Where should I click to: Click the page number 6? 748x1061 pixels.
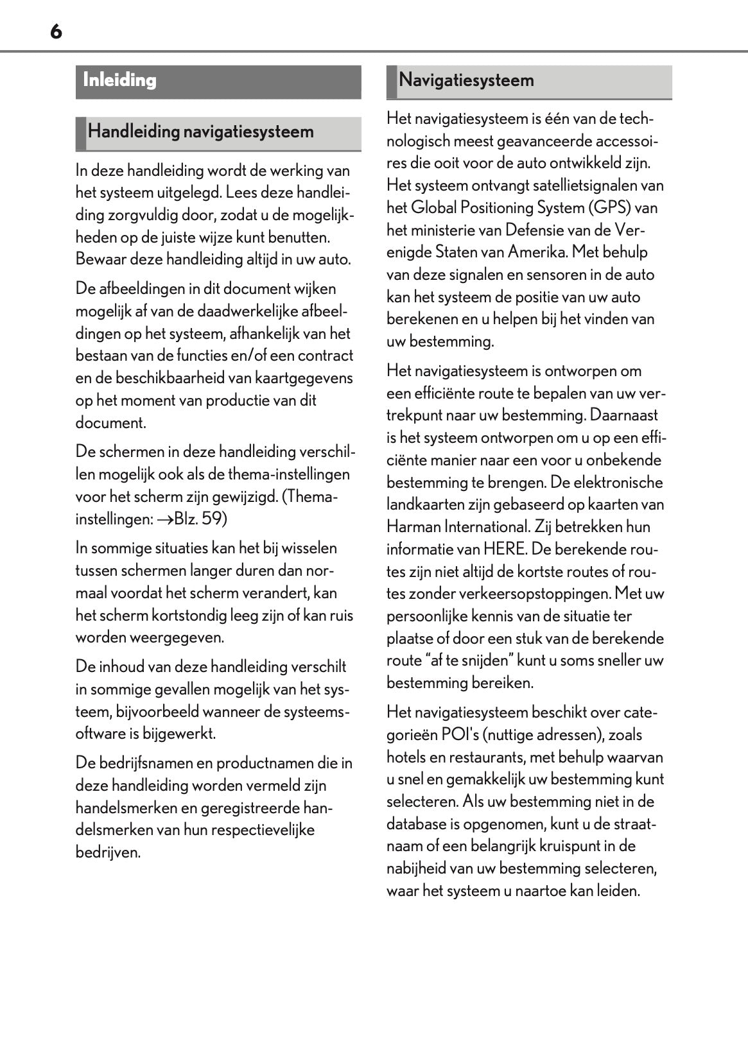[x=56, y=31]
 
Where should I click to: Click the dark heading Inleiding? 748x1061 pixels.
[x=120, y=81]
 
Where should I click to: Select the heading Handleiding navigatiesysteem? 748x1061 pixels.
[x=200, y=132]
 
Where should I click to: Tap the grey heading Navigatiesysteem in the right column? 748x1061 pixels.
[x=466, y=81]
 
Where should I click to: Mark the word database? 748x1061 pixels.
[x=416, y=824]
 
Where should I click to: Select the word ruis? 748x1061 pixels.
[x=341, y=616]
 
